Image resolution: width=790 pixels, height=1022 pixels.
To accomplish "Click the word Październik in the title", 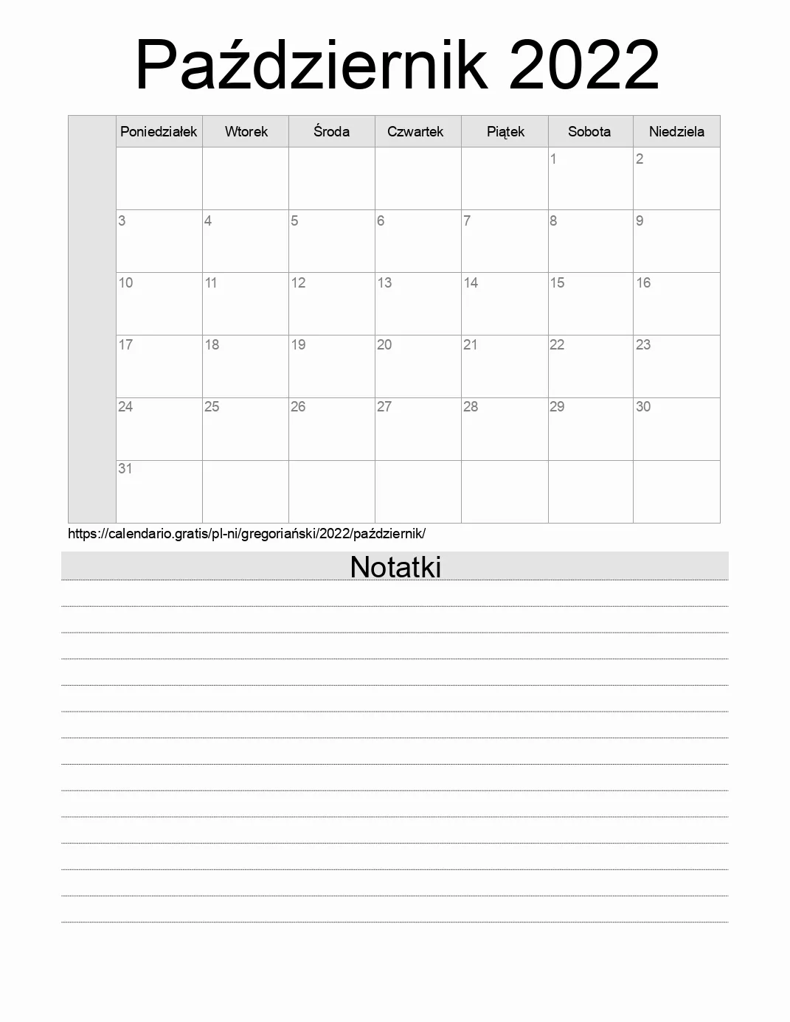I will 311,65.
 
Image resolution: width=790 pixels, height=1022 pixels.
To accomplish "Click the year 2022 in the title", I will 583,65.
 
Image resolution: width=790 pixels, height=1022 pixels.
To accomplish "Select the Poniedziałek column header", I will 159,131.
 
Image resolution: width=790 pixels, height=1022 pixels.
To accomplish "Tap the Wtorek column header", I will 246,131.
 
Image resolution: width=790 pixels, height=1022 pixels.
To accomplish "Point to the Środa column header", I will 331,131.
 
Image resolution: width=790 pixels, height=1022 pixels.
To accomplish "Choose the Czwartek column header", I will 415,131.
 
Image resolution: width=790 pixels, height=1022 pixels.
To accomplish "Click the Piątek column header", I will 505,131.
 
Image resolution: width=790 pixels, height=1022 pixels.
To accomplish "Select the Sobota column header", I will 589,131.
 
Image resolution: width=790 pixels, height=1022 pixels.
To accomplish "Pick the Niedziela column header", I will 676,131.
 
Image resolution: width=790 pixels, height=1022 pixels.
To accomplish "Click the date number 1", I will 553,159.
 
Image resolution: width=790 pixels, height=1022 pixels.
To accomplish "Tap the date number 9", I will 640,220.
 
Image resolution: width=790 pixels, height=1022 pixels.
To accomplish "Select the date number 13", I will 384,282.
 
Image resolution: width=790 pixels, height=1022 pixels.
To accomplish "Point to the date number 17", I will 125,344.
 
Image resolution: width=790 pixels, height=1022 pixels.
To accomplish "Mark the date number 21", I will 470,344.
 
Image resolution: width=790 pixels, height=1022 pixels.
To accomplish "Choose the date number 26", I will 298,406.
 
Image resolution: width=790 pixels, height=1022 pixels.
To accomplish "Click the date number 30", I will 643,406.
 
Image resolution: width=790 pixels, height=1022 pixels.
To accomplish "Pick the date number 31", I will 125,468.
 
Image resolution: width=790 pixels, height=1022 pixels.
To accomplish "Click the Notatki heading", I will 395,566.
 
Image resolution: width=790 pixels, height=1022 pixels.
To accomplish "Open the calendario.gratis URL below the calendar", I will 246,533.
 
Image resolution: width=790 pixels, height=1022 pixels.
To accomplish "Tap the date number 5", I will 294,220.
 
